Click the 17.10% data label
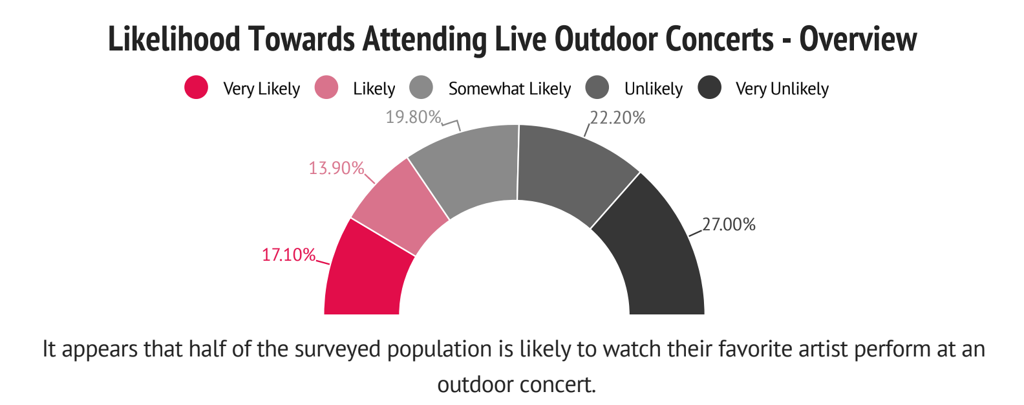click(x=288, y=255)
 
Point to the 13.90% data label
click(x=336, y=168)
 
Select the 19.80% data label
click(x=413, y=117)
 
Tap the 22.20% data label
click(x=617, y=118)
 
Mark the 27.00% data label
click(x=729, y=224)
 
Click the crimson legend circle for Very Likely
click(x=196, y=87)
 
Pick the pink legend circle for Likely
click(x=326, y=87)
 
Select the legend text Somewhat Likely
click(x=509, y=89)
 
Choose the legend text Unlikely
click(x=653, y=89)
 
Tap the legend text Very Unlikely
click(x=782, y=89)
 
